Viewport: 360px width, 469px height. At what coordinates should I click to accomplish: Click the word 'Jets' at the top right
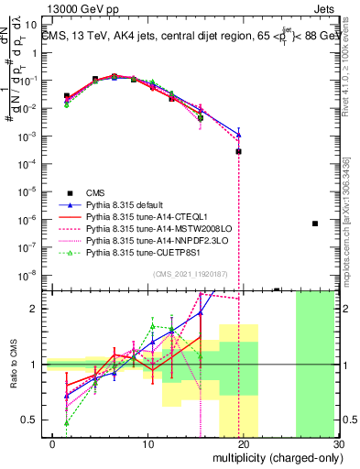pos(326,6)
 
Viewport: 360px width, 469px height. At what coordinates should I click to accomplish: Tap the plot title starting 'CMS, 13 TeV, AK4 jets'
pos(188,36)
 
